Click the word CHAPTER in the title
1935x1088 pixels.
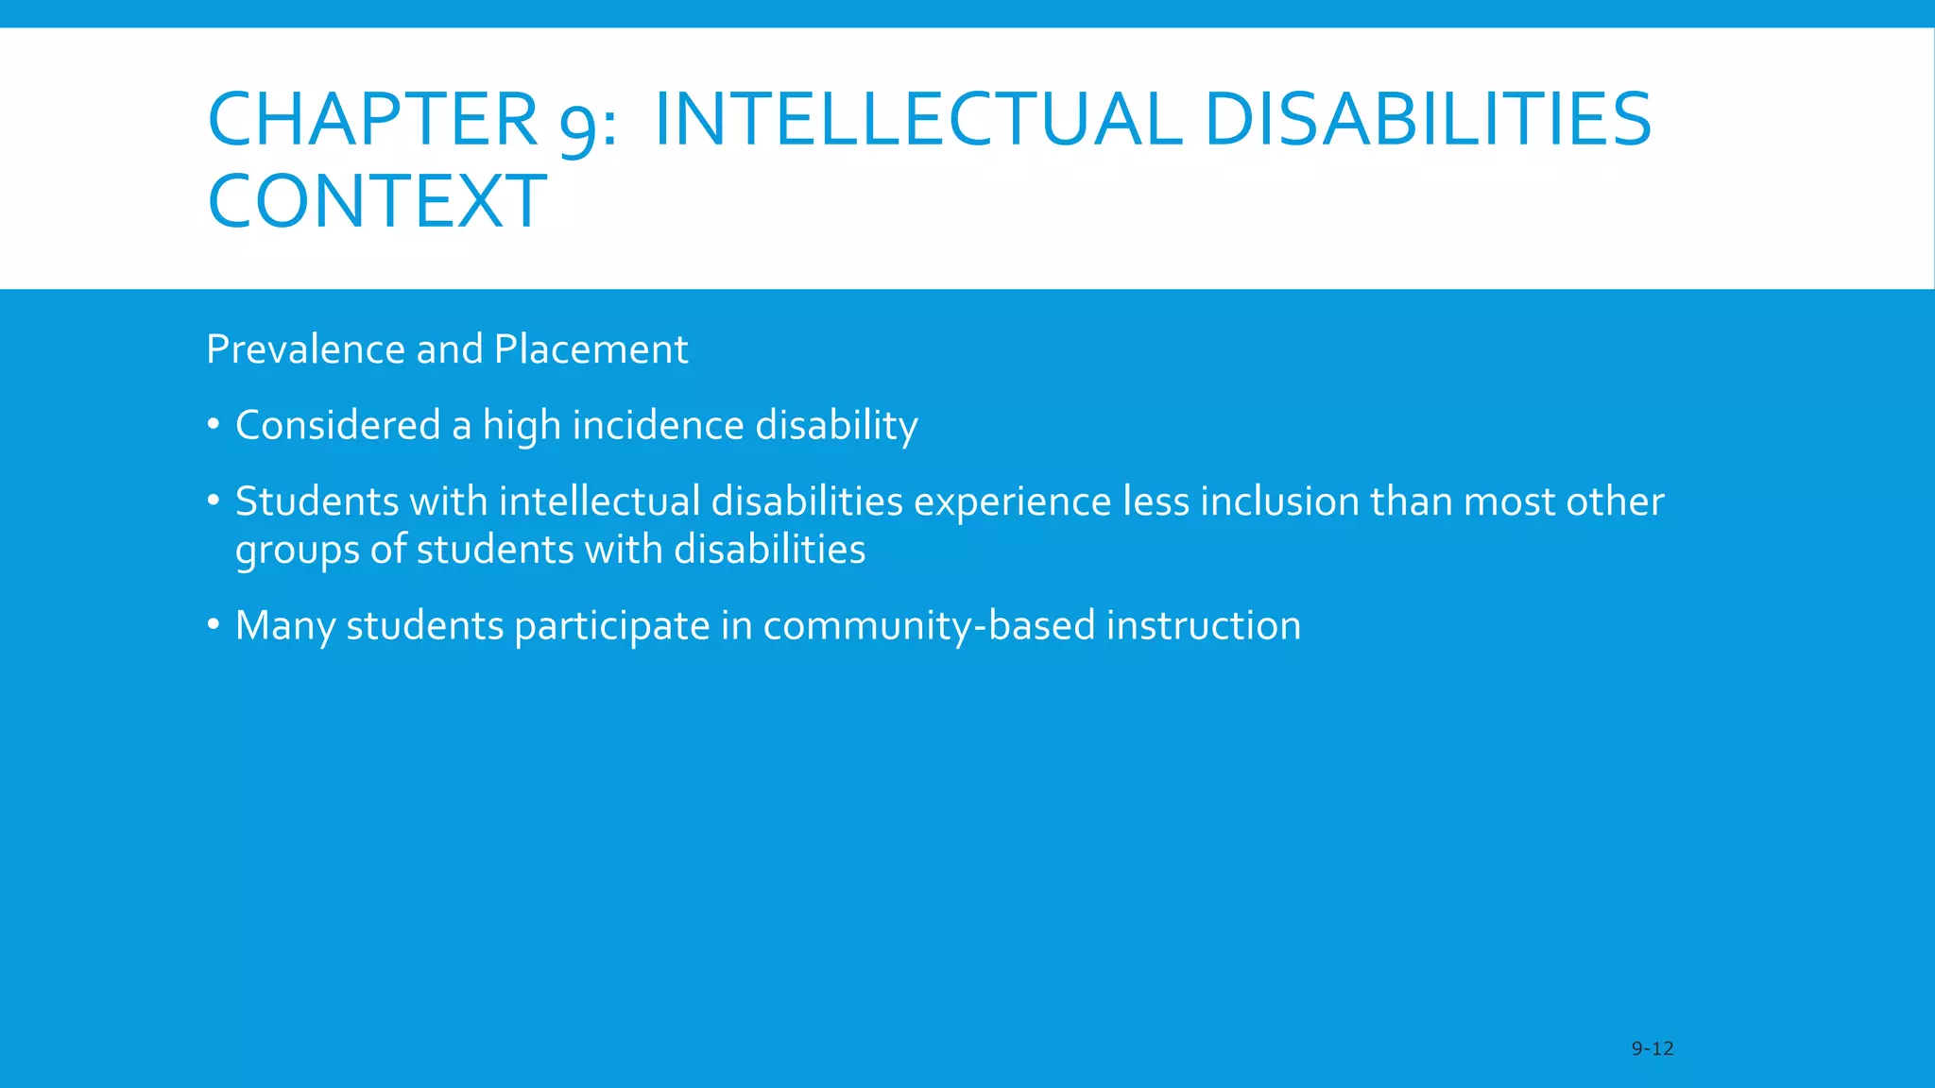click(372, 120)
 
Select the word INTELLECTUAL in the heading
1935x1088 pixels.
click(916, 120)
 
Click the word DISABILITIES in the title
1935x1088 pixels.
click(1428, 120)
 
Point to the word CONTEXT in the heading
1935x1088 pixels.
click(377, 202)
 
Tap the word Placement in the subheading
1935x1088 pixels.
click(591, 349)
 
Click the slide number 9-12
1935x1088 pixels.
click(1652, 1048)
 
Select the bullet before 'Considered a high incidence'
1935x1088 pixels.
click(214, 425)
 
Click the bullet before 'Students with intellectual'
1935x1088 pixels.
click(214, 501)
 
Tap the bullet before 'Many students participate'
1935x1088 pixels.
click(214, 625)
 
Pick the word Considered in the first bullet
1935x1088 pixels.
click(337, 425)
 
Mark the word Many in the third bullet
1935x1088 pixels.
click(284, 626)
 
